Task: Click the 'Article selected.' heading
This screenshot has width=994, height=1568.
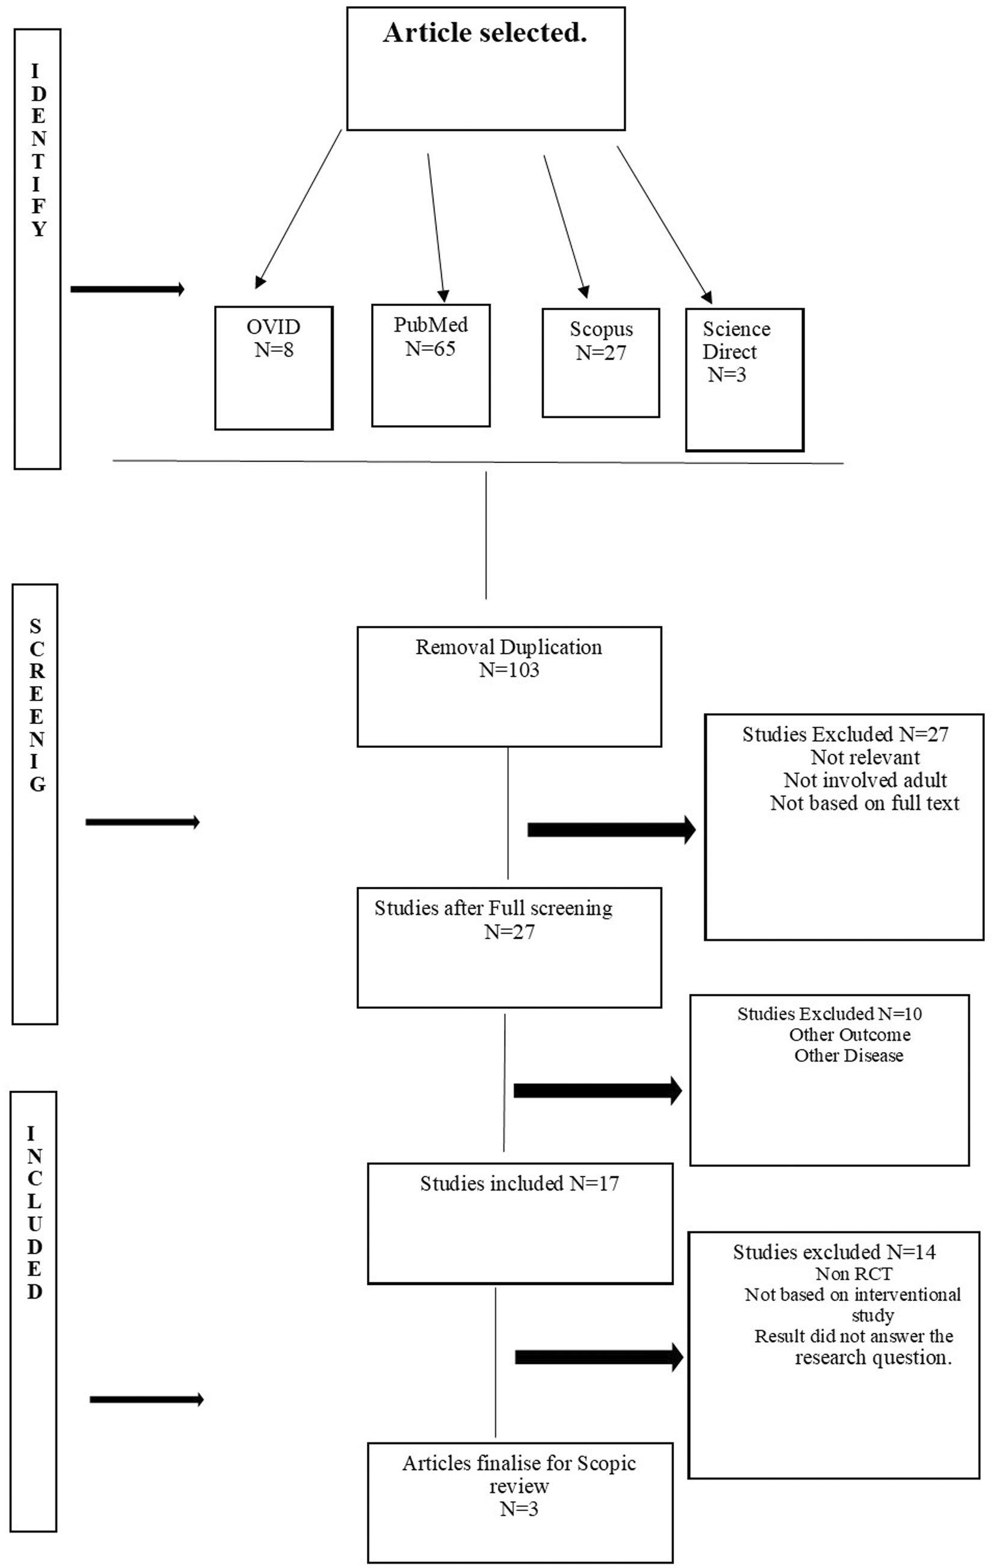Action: (x=485, y=33)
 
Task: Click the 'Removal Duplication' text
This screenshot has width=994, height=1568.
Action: (x=509, y=648)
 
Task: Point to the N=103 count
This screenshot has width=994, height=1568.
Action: (x=509, y=670)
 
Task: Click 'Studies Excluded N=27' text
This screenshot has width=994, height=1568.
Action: (x=845, y=735)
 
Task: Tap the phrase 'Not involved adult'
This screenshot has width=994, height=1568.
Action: (x=865, y=780)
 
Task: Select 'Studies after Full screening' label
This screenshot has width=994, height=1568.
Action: (x=493, y=908)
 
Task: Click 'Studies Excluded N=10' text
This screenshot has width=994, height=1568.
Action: (x=830, y=1014)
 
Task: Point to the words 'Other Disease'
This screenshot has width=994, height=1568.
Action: (x=848, y=1056)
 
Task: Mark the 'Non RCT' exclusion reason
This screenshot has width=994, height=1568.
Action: (x=854, y=1273)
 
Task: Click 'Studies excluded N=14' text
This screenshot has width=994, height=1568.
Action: (x=835, y=1252)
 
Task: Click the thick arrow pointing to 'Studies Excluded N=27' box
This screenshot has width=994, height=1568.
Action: (x=612, y=830)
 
